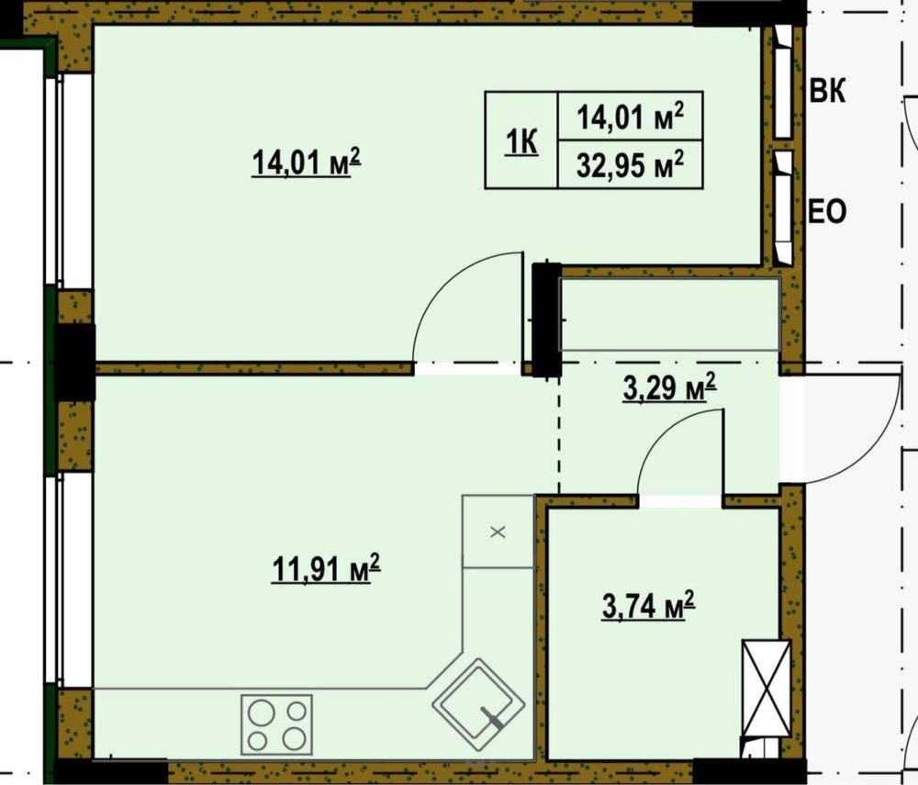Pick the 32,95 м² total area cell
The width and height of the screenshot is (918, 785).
630,164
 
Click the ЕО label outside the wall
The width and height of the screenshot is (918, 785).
826,213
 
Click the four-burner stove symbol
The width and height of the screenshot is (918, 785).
276,723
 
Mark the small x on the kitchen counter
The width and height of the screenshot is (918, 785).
498,532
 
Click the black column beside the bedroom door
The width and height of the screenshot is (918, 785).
546,318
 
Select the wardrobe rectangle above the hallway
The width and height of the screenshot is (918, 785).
670,314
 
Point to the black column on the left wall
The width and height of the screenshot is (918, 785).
73,361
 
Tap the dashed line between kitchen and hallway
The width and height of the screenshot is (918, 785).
560,432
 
